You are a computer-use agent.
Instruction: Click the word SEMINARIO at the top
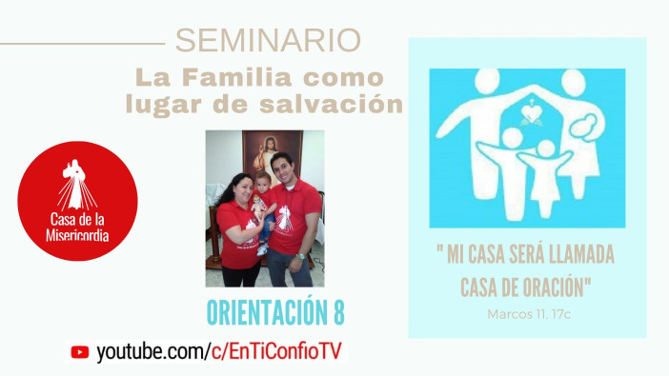[268, 41]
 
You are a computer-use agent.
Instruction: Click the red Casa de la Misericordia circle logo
[77, 201]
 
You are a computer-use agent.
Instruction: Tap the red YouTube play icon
[80, 350]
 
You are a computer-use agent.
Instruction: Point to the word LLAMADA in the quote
[578, 257]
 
